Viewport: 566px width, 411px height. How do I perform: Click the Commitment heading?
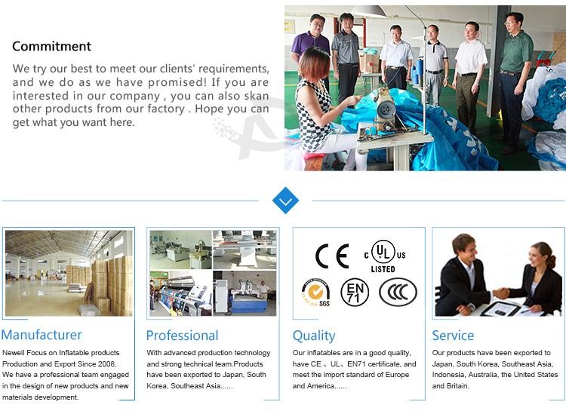tap(51, 46)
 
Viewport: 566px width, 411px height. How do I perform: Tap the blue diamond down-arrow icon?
tap(285, 201)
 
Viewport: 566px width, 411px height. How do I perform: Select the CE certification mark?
tap(332, 256)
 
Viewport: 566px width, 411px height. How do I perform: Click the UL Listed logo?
tap(385, 256)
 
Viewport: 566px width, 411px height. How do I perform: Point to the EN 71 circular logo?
tap(355, 293)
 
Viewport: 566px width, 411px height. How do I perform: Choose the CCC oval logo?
tap(398, 292)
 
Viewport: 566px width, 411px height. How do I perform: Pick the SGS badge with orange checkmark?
tap(316, 293)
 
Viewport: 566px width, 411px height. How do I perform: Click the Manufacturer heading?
tap(42, 335)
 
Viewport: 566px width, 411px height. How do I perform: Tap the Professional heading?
tap(183, 336)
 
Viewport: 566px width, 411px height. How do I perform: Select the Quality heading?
tap(314, 336)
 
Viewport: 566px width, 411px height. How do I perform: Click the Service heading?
tap(453, 336)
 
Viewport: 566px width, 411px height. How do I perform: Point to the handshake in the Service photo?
tap(500, 293)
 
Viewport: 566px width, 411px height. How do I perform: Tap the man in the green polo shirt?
tap(515, 79)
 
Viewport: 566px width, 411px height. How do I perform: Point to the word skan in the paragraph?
tap(257, 96)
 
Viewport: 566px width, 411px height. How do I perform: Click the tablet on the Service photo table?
tap(501, 309)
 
